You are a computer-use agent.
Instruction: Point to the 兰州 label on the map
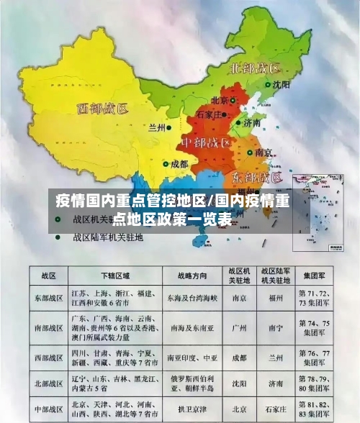click(x=156, y=127)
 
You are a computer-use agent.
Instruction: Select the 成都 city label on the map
click(x=179, y=164)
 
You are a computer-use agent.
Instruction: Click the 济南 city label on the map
click(x=251, y=123)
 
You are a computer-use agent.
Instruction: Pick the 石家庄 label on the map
click(x=213, y=114)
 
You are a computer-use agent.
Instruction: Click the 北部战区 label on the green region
click(x=254, y=69)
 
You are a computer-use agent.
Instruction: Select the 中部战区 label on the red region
click(x=205, y=142)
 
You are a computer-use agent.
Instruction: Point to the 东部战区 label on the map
click(x=257, y=177)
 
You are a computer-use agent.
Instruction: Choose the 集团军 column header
click(x=315, y=276)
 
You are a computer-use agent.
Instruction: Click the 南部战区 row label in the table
click(x=48, y=327)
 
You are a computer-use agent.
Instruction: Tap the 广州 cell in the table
click(x=238, y=327)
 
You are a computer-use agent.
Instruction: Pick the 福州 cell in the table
click(x=275, y=297)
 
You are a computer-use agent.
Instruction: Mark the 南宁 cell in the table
click(x=275, y=327)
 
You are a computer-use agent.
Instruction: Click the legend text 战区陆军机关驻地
click(x=108, y=236)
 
